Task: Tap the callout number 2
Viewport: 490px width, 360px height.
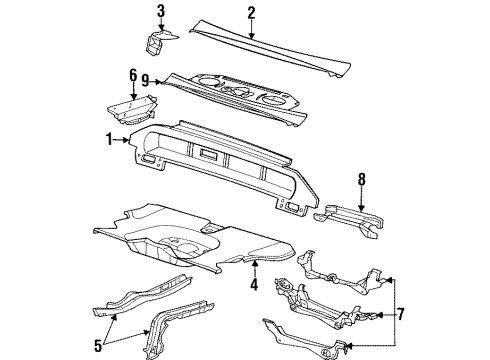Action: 252,12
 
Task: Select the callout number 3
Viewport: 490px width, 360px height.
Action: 160,11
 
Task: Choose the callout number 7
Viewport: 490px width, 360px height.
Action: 400,314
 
